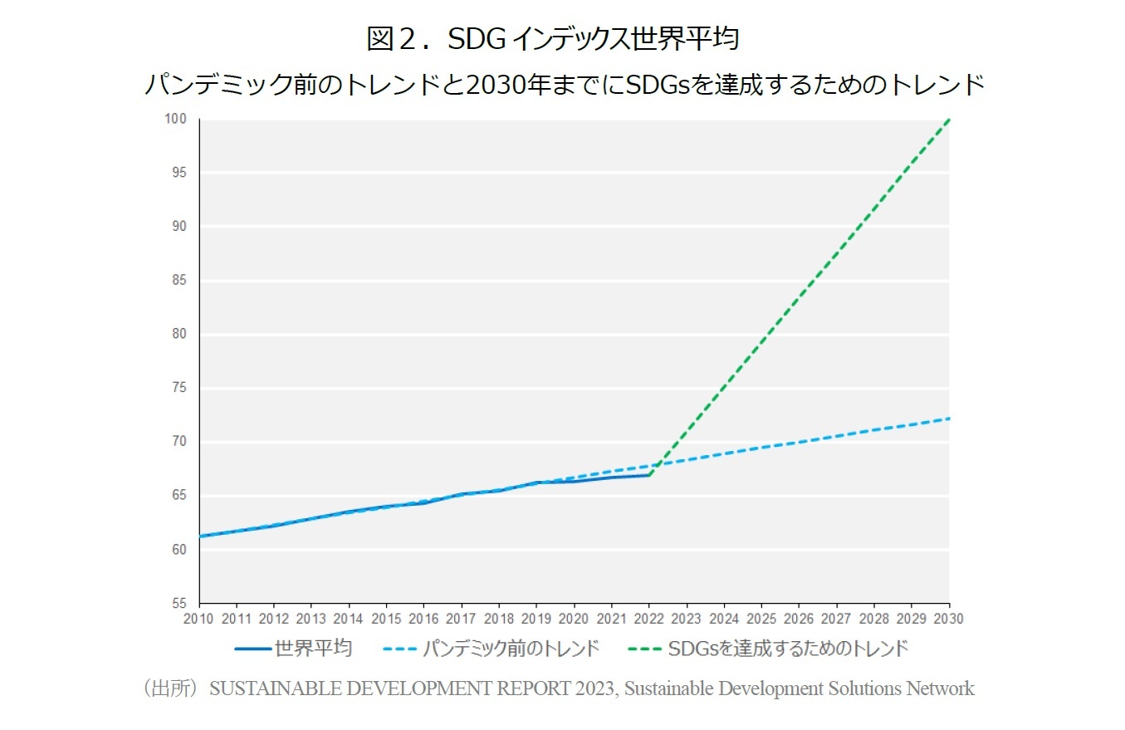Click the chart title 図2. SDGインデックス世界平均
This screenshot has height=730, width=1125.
[552, 38]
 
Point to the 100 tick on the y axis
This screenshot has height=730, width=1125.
[177, 120]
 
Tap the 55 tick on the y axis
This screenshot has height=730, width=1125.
[180, 604]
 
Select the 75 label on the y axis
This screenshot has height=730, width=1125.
[180, 389]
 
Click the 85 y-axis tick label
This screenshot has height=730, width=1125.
[180, 281]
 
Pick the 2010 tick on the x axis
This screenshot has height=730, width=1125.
[199, 620]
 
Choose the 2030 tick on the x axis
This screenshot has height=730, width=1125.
[949, 620]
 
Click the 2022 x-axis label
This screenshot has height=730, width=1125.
[649, 620]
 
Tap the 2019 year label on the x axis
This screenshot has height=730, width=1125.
[536, 620]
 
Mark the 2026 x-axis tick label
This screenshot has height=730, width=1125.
[799, 620]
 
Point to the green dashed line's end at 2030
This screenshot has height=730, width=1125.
[948, 120]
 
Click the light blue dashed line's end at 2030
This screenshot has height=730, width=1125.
[948, 419]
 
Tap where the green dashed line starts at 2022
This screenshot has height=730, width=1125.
[649, 475]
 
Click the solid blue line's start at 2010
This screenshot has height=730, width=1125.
[200, 536]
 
